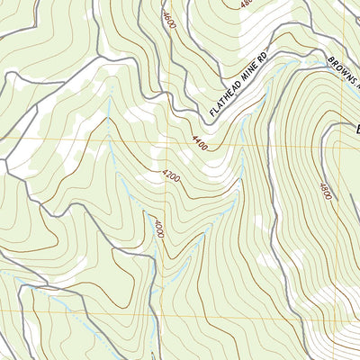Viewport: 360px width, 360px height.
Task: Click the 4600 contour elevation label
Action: [x=168, y=19]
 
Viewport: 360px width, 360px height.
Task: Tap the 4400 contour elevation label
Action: [x=201, y=141]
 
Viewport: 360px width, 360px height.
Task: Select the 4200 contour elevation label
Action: [x=171, y=177]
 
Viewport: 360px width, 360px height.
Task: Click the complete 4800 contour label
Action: [x=324, y=192]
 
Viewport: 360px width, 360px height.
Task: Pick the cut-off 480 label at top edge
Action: [x=247, y=4]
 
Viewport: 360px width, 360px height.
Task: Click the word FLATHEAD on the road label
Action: [x=228, y=98]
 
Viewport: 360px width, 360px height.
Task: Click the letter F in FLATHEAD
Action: [x=212, y=114]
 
